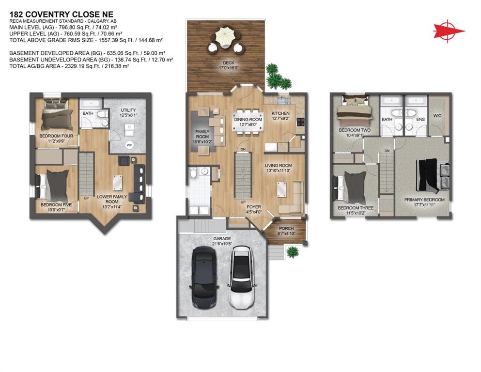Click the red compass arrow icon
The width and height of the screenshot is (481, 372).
pos(449,31)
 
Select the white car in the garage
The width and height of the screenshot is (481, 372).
pos(241,277)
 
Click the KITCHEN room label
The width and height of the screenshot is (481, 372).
pos(280,114)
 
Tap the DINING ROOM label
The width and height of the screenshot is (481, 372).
pos(248,120)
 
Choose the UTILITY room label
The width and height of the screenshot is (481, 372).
pos(128,110)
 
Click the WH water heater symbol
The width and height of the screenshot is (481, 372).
pos(129,145)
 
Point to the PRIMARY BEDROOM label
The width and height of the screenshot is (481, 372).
pos(424,200)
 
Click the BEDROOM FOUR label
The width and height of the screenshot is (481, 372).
pos(57,136)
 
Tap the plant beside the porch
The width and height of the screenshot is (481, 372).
pos(292,251)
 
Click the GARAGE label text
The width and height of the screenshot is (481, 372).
pos(222,238)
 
